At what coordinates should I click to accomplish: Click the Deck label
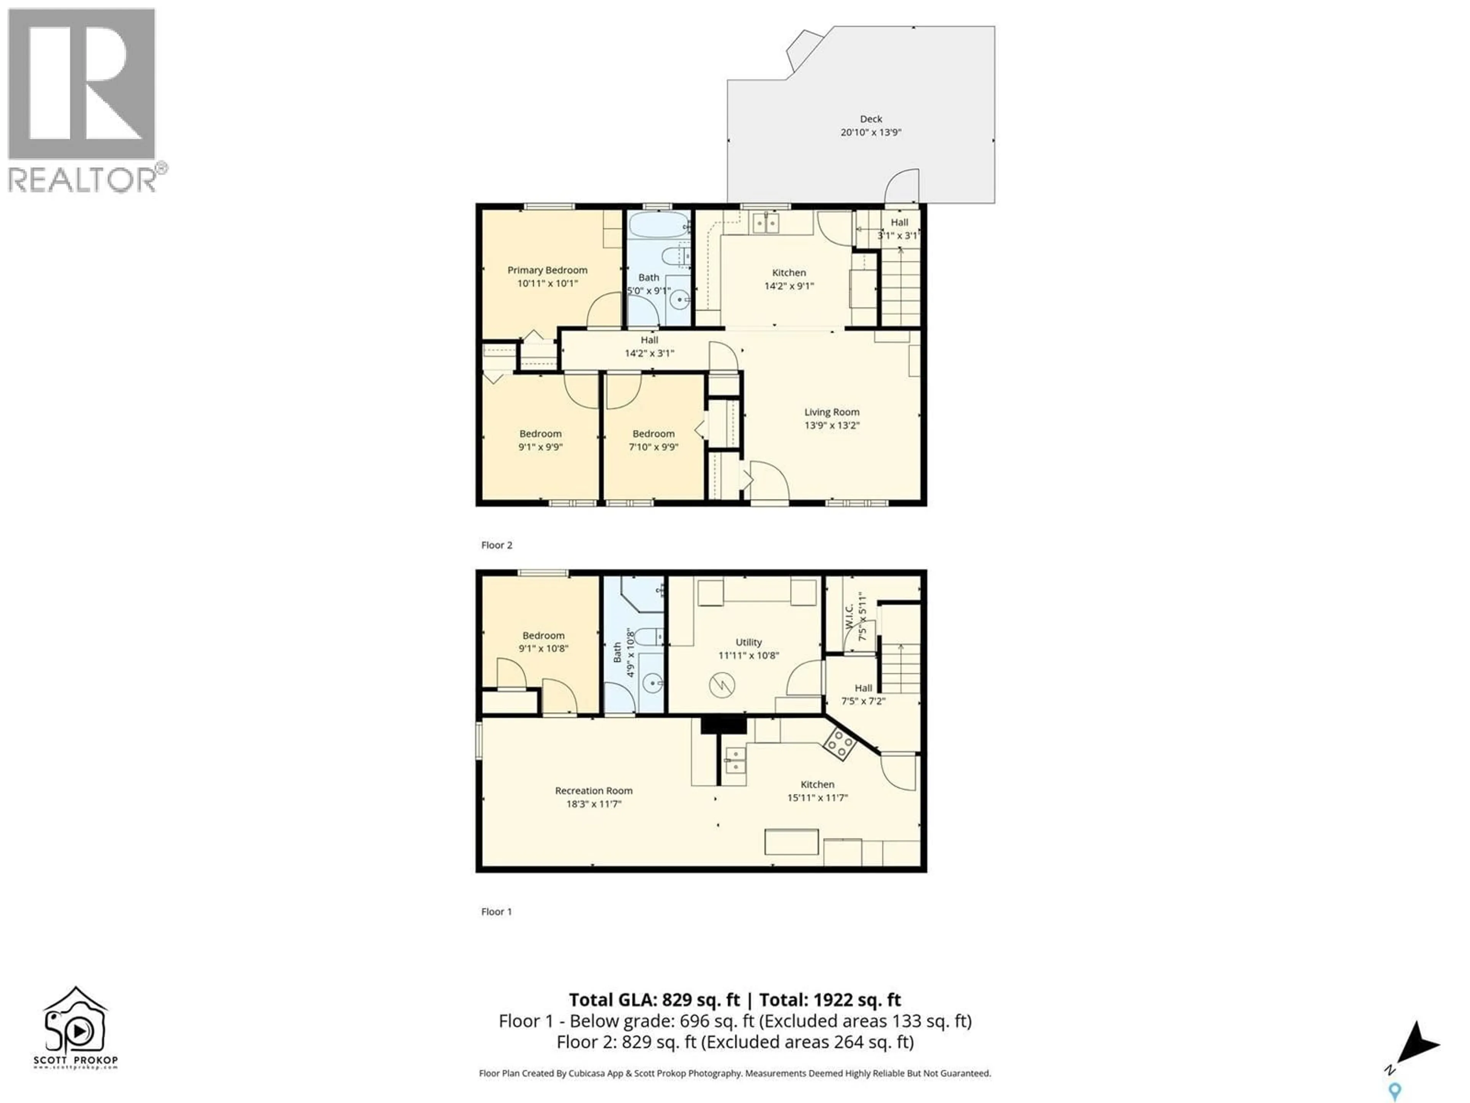(x=871, y=119)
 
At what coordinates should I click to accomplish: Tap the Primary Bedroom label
(x=547, y=270)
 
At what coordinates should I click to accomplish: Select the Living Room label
(x=831, y=412)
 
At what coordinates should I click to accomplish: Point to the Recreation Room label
(x=593, y=790)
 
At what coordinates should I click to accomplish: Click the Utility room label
(x=748, y=642)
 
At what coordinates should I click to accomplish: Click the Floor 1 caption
(x=497, y=912)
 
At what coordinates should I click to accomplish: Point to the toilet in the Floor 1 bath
(x=648, y=637)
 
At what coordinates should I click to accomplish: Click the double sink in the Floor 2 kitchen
(x=766, y=223)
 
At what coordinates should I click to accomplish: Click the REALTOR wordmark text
(x=83, y=180)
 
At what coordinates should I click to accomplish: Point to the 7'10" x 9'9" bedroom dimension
(x=653, y=447)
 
